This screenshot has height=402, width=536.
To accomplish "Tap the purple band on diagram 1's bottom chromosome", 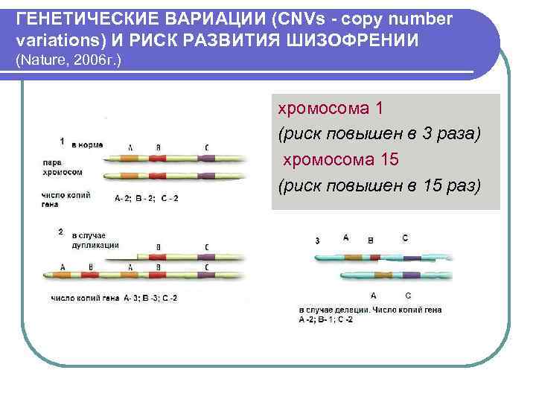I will click(206, 177).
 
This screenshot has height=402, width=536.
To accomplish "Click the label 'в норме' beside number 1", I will click(87, 144).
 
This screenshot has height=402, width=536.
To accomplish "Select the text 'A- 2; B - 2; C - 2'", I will click(147, 198).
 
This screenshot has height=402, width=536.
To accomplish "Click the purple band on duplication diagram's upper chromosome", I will click(206, 258).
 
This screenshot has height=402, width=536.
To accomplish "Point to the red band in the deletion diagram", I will click(374, 257).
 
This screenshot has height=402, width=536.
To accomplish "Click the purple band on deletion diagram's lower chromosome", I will click(408, 276).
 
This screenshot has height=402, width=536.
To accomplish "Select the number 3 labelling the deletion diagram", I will click(318, 240).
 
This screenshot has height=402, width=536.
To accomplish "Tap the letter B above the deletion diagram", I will click(371, 240).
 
